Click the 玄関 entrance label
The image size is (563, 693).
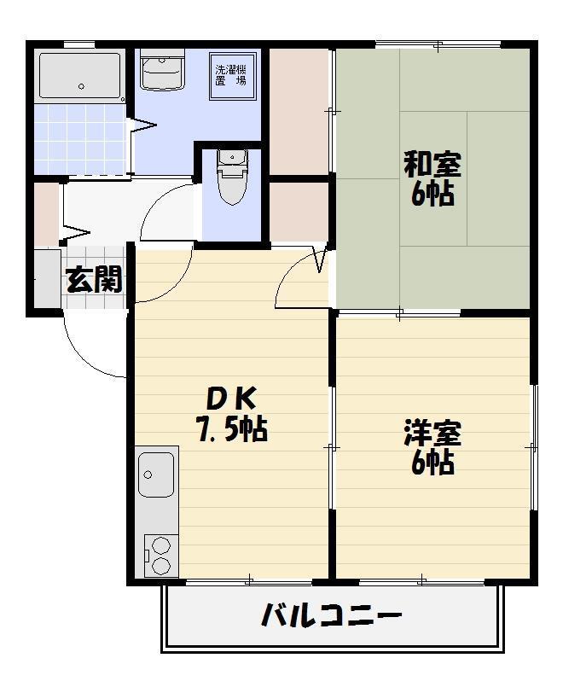coord(94,279)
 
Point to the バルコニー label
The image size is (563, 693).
coord(331,614)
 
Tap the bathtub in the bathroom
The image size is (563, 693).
coord(80,75)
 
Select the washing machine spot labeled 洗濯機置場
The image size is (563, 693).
coord(230,76)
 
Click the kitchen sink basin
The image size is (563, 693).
coord(156,475)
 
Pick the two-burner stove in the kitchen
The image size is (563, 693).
coord(158,554)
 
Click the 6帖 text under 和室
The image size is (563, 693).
coord(432,195)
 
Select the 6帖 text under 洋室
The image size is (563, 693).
coord(432,463)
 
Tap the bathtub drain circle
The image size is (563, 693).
coord(82,86)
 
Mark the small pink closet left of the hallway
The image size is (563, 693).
coord(46,213)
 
